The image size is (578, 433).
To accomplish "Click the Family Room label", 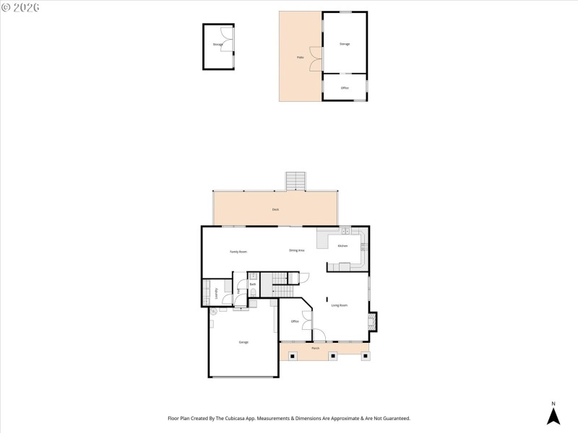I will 238,251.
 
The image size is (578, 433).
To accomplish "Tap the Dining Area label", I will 296,250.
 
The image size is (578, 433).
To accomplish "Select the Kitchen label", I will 342,246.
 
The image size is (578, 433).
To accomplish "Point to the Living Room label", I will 340,305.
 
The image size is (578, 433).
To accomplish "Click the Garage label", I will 243,341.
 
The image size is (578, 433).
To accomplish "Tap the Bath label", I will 253,284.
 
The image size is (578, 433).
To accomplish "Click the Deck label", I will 275,209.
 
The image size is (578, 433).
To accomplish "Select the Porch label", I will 315,348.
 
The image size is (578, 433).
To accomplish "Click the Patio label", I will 299,57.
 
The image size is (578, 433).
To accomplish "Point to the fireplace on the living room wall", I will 371,322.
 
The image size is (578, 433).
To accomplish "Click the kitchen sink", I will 347,232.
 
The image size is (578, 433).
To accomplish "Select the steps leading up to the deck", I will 296,181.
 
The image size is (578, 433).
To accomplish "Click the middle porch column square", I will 332,355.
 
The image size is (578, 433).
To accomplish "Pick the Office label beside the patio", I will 345,88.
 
